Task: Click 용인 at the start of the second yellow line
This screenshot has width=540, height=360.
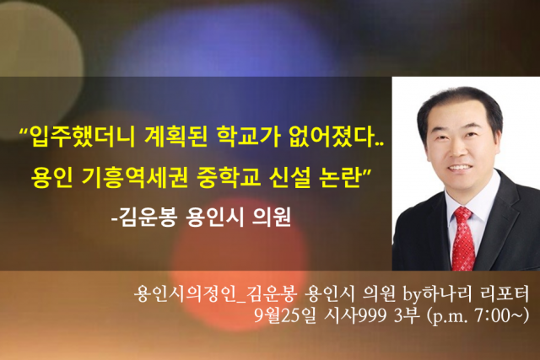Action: pyautogui.click(x=52, y=177)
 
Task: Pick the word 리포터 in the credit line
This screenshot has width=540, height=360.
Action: pyautogui.click(x=504, y=293)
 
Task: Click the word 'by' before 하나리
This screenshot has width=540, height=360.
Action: pyautogui.click(x=413, y=294)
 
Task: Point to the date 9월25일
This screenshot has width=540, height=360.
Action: pyautogui.click(x=284, y=315)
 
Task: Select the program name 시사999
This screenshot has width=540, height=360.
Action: pyautogui.click(x=355, y=315)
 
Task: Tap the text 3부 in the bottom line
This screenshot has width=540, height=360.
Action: pyautogui.click(x=407, y=315)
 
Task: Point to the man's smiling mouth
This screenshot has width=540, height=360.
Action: pyautogui.click(x=461, y=168)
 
